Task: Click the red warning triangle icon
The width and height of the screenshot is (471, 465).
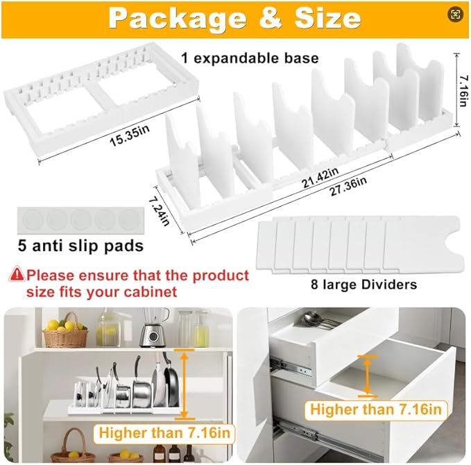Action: tap(16, 276)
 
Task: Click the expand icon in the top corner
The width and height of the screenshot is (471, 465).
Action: tap(455, 15)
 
